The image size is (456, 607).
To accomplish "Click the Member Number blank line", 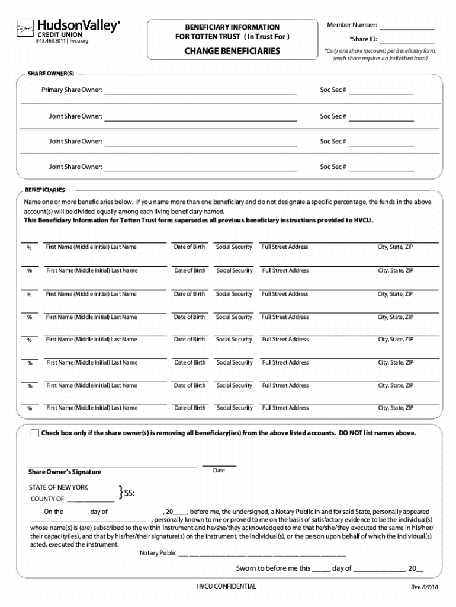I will coord(407,28).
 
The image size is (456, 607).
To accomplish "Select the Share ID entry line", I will coord(407,43).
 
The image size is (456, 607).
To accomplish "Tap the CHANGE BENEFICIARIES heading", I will coord(232,52).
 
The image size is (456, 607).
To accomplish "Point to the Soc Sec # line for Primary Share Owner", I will coord(381,94).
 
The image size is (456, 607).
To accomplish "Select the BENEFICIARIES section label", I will coord(45,190).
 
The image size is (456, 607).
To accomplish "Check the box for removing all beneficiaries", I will coord(35,433).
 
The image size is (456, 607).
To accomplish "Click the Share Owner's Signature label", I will coord(65,472).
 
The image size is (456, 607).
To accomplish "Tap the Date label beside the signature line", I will coord(219,471).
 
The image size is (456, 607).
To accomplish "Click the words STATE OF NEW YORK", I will coord(59,487).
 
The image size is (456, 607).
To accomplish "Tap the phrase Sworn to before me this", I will coord(273,568).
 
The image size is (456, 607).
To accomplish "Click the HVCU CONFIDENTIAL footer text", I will coord(227,586).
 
